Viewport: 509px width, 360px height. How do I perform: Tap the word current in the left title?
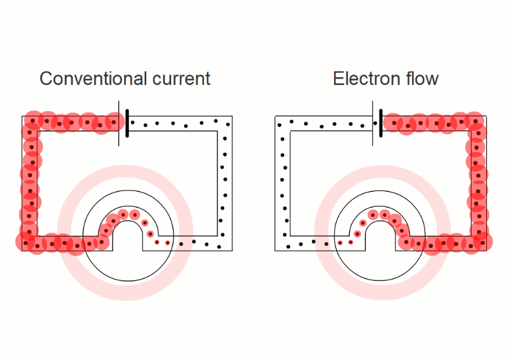point(180,79)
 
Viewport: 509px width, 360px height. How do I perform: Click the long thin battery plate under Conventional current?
point(119,123)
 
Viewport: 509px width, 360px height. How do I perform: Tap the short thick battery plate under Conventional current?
point(126,123)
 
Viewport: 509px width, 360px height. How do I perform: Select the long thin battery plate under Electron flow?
point(372,123)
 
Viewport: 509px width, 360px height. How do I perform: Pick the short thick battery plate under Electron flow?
point(380,123)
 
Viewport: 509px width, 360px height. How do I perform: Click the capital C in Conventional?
point(47,79)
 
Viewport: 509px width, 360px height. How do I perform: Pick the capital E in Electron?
point(338,79)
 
